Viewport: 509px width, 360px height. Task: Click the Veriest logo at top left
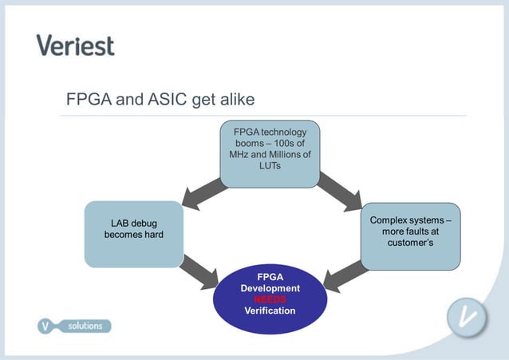coord(75,45)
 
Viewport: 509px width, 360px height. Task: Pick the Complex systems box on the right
coord(410,236)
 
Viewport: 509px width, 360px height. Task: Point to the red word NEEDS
coord(270,299)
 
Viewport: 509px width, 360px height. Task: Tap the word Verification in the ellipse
coord(270,311)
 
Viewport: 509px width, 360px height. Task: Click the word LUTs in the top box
coord(270,165)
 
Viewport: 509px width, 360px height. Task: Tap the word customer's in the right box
coord(410,242)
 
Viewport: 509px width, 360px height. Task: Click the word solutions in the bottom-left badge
coord(84,326)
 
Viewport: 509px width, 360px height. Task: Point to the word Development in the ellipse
coord(270,287)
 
